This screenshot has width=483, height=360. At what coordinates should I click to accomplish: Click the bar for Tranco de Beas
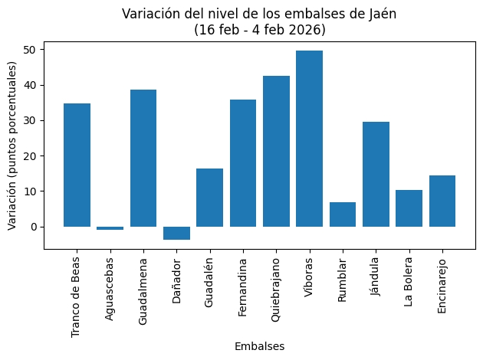(77, 165)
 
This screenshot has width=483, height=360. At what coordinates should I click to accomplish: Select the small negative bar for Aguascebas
(110, 228)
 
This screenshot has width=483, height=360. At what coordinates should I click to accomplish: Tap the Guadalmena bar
(143, 158)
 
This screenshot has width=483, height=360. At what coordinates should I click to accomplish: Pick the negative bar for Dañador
(176, 233)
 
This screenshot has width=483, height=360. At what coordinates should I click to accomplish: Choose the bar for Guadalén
(210, 198)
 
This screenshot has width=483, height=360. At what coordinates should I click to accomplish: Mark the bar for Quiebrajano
(276, 151)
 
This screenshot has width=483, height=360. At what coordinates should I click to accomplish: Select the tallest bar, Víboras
(310, 139)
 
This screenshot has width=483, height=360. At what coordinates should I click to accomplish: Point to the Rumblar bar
(343, 214)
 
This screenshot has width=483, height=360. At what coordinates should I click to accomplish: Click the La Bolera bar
(409, 208)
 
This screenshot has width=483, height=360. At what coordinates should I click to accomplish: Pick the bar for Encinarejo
(442, 201)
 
